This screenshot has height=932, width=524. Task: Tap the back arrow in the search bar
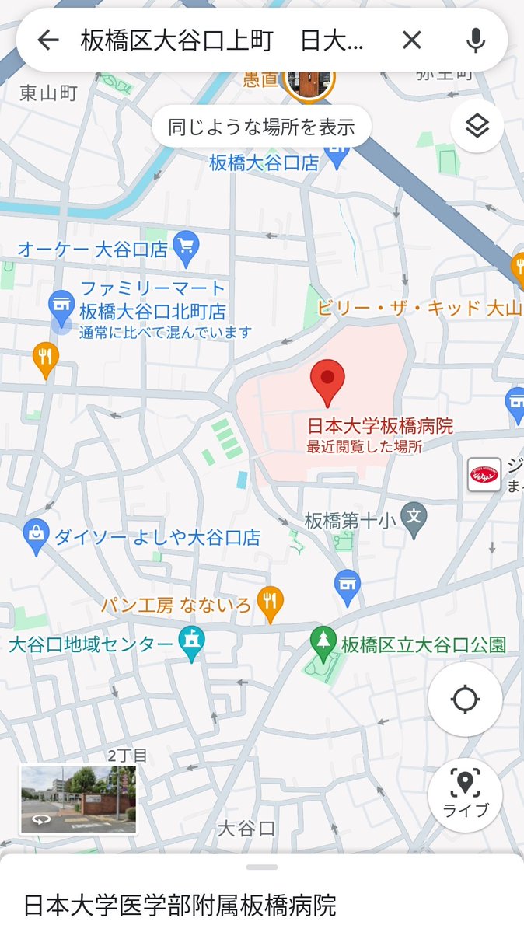tap(48, 40)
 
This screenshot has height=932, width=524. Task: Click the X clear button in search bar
tap(411, 40)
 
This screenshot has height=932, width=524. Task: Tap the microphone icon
tap(475, 40)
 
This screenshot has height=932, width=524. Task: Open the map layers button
tap(477, 126)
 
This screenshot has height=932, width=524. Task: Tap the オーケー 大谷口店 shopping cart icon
tap(186, 248)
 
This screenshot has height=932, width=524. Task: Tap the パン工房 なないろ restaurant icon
tap(270, 602)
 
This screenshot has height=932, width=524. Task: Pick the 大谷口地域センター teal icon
tap(190, 644)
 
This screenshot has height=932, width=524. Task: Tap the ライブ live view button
tap(465, 794)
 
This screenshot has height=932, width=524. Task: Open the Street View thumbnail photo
tap(78, 799)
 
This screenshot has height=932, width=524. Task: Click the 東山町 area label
tap(48, 94)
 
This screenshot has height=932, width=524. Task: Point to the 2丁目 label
tap(128, 756)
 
